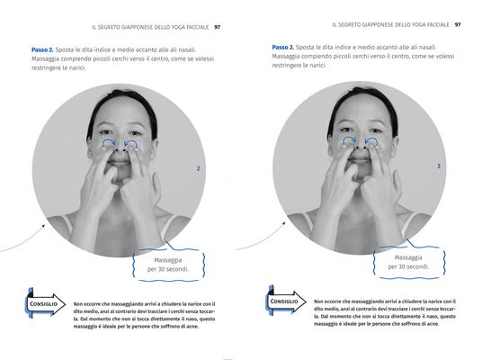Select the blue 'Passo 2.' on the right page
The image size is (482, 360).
[283, 47]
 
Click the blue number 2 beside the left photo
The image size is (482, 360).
[197, 168]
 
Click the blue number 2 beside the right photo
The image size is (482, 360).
[438, 166]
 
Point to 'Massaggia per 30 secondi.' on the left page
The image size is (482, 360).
[168, 265]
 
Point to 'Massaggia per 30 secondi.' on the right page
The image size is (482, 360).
[407, 262]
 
